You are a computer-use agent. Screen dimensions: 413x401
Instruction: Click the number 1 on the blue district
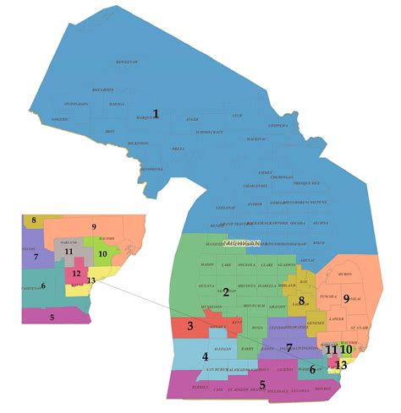pos(155,114)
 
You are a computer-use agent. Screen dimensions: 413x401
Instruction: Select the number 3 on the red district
pos(190,327)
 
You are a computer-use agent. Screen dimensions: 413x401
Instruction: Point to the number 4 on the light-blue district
pos(204,357)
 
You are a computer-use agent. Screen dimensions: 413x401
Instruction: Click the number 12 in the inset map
pos(76,274)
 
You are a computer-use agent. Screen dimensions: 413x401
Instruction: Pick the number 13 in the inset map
pos(91,280)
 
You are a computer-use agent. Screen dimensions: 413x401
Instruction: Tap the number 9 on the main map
pos(346,299)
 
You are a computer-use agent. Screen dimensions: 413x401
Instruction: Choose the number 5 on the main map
pos(263,385)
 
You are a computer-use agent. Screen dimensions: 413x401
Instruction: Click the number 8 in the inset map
pos(33,220)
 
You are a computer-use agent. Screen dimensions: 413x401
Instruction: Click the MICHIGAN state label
pos(239,242)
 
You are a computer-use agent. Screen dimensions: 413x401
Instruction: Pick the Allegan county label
pos(222,349)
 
